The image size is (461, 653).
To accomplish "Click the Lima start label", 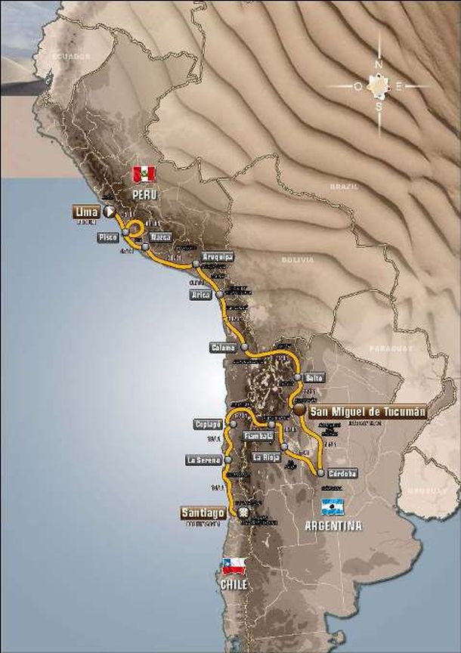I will [x=86, y=212].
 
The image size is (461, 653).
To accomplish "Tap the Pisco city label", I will [x=107, y=237].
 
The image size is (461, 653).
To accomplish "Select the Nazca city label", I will [x=160, y=237].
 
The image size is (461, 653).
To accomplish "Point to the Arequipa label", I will [x=218, y=257].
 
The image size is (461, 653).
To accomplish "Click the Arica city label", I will [x=200, y=295].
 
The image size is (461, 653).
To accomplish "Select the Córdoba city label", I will [x=342, y=473].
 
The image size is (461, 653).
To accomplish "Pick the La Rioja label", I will [x=267, y=457].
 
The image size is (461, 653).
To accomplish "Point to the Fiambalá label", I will [x=257, y=436].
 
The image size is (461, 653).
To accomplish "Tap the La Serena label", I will [x=202, y=460].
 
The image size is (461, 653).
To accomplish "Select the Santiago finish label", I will [x=203, y=512].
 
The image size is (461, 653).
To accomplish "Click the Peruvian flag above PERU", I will [x=144, y=175].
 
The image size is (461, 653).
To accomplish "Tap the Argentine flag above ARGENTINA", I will [x=332, y=506].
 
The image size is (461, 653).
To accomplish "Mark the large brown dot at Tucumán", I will [x=300, y=410].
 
